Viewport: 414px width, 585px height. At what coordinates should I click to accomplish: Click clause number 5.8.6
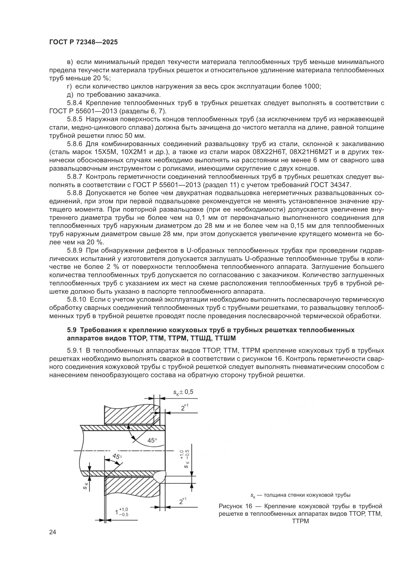click(75, 144)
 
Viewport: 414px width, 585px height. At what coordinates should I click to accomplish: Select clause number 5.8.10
click(77, 300)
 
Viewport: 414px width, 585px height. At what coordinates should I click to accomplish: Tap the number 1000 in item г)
click(312, 87)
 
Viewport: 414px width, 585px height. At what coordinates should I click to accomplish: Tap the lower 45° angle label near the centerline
click(117, 456)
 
